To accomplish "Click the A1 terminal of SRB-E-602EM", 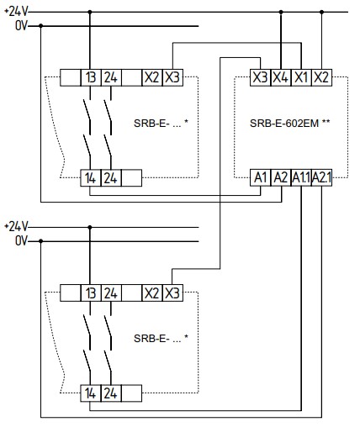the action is point(260,177).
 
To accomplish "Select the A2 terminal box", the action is point(281,177).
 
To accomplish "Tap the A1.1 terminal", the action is point(301,177).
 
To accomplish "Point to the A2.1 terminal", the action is point(321,177).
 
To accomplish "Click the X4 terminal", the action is point(281,77).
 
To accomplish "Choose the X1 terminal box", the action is point(301,77).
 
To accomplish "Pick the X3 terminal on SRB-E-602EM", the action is point(260,77).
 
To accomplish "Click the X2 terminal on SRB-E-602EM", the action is point(321,77).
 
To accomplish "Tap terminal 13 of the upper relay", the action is point(91,77).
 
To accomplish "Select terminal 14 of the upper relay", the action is point(91,178).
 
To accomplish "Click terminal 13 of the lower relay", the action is point(91,293).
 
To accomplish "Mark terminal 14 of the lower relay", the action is point(91,393).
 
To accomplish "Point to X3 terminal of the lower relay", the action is point(172,293).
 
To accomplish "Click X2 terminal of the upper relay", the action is point(152,77).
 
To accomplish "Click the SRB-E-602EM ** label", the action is point(289,123).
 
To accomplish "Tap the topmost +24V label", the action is point(16,12).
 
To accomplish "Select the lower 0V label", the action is point(22,241).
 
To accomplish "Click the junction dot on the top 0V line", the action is point(41,26).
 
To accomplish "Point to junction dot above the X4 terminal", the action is point(281,12).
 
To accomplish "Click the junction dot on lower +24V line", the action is point(90,227).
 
